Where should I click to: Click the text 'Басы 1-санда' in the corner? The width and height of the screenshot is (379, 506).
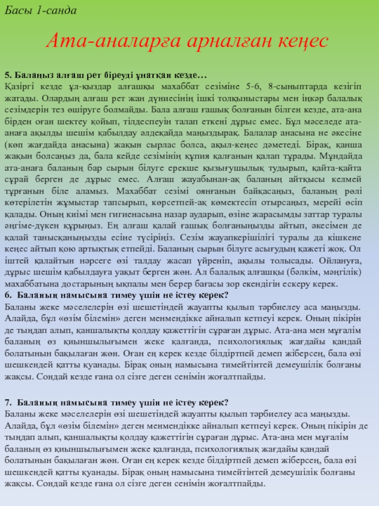(x=40, y=10)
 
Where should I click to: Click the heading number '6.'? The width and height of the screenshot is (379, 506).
(x=8, y=294)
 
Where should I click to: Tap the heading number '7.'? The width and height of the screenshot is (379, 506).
(x=8, y=403)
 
